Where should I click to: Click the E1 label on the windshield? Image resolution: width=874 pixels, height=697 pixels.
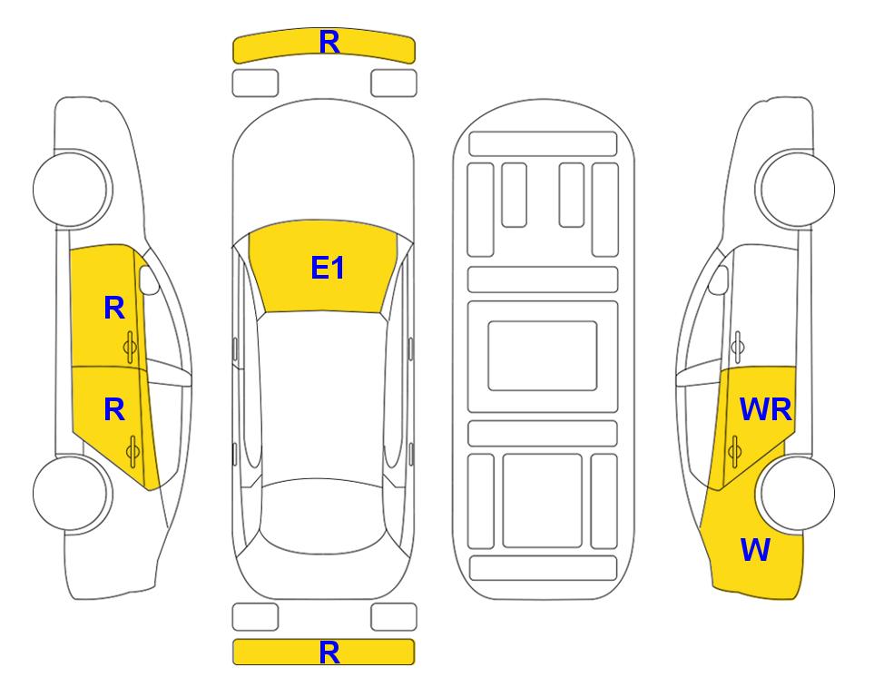[328, 268]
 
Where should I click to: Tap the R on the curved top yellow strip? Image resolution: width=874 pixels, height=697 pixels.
[329, 42]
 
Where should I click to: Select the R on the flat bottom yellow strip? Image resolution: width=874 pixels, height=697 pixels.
[329, 653]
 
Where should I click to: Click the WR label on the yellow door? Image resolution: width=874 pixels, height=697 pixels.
[765, 410]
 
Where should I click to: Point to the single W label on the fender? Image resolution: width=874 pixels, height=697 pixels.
[755, 550]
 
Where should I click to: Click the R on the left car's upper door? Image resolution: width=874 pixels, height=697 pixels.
[114, 308]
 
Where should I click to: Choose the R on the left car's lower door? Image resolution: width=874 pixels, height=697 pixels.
[114, 410]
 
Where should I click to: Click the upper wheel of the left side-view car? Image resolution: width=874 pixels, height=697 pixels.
[72, 189]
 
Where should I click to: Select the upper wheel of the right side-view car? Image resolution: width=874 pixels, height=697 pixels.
[795, 189]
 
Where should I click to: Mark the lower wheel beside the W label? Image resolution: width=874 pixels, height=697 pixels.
[797, 493]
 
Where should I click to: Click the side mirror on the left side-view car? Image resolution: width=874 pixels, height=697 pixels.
[149, 280]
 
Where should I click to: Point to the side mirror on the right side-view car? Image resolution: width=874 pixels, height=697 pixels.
[718, 280]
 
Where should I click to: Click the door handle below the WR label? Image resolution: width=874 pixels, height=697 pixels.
[734, 452]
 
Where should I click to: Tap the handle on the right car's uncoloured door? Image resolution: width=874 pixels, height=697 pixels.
[738, 347]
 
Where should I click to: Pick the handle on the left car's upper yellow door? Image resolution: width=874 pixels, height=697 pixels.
[130, 347]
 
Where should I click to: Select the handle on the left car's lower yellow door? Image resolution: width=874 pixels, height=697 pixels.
[133, 452]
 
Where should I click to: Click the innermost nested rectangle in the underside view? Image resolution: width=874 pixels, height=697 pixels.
[543, 356]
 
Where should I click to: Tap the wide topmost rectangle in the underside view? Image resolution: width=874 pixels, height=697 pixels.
[543, 144]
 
